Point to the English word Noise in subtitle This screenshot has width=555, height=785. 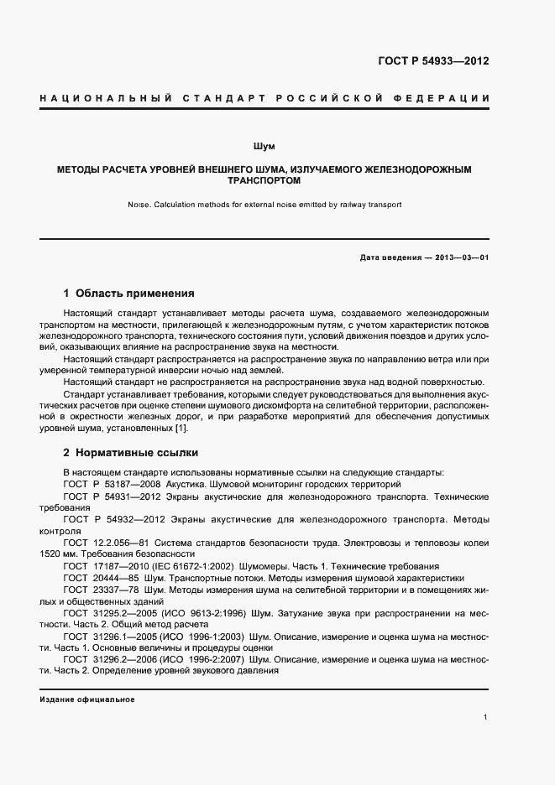[139, 204]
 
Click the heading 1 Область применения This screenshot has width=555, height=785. [129, 294]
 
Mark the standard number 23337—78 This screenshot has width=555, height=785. [117, 590]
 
